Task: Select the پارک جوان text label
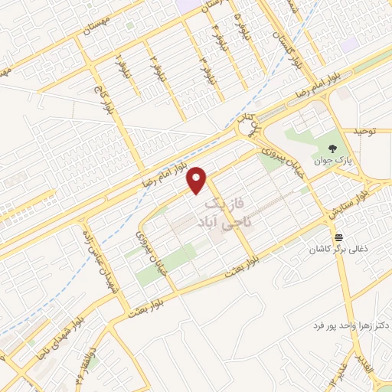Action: (331, 162)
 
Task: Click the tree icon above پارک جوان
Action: (331, 149)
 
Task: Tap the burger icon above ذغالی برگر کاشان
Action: (338, 237)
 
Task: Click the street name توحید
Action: (367, 132)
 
